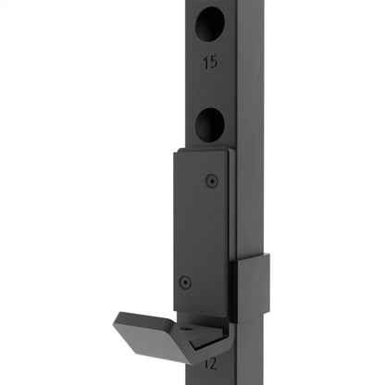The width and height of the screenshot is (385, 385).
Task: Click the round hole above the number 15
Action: coord(210,21)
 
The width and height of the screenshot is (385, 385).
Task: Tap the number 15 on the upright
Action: coord(210,63)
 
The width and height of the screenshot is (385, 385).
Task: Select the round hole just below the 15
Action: coord(210,123)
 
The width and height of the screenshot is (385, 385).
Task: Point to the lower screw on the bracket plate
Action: coord(186,281)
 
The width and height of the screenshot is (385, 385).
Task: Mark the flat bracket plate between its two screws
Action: coord(198,231)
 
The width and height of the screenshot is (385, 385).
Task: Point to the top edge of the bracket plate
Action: coord(201,151)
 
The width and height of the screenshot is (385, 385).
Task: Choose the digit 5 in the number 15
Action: coord(214,63)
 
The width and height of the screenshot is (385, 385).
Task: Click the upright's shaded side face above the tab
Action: coord(250,139)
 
